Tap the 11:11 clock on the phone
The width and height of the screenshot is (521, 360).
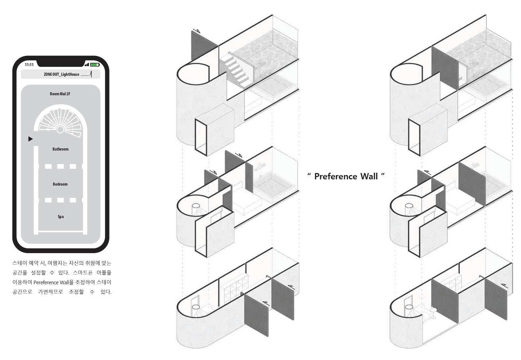[x=29, y=65]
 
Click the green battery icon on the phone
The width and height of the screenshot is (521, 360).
[x=95, y=65]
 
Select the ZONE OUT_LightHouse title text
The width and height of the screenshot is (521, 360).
[x=61, y=74]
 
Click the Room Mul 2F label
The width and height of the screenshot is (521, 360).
[x=60, y=94]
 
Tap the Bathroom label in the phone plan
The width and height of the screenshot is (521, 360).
[x=60, y=149]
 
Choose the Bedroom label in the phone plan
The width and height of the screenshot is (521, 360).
[x=60, y=184]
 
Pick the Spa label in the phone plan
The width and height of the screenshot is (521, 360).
[x=61, y=216]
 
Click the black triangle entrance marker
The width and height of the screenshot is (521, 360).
[x=30, y=139]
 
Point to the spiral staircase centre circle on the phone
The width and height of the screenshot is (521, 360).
[x=60, y=130]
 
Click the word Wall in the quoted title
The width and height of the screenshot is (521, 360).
[x=369, y=176]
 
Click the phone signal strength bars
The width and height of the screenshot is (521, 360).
[x=87, y=65]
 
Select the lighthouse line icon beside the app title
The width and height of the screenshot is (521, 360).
[x=87, y=74]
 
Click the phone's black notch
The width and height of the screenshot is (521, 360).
[x=61, y=63]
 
